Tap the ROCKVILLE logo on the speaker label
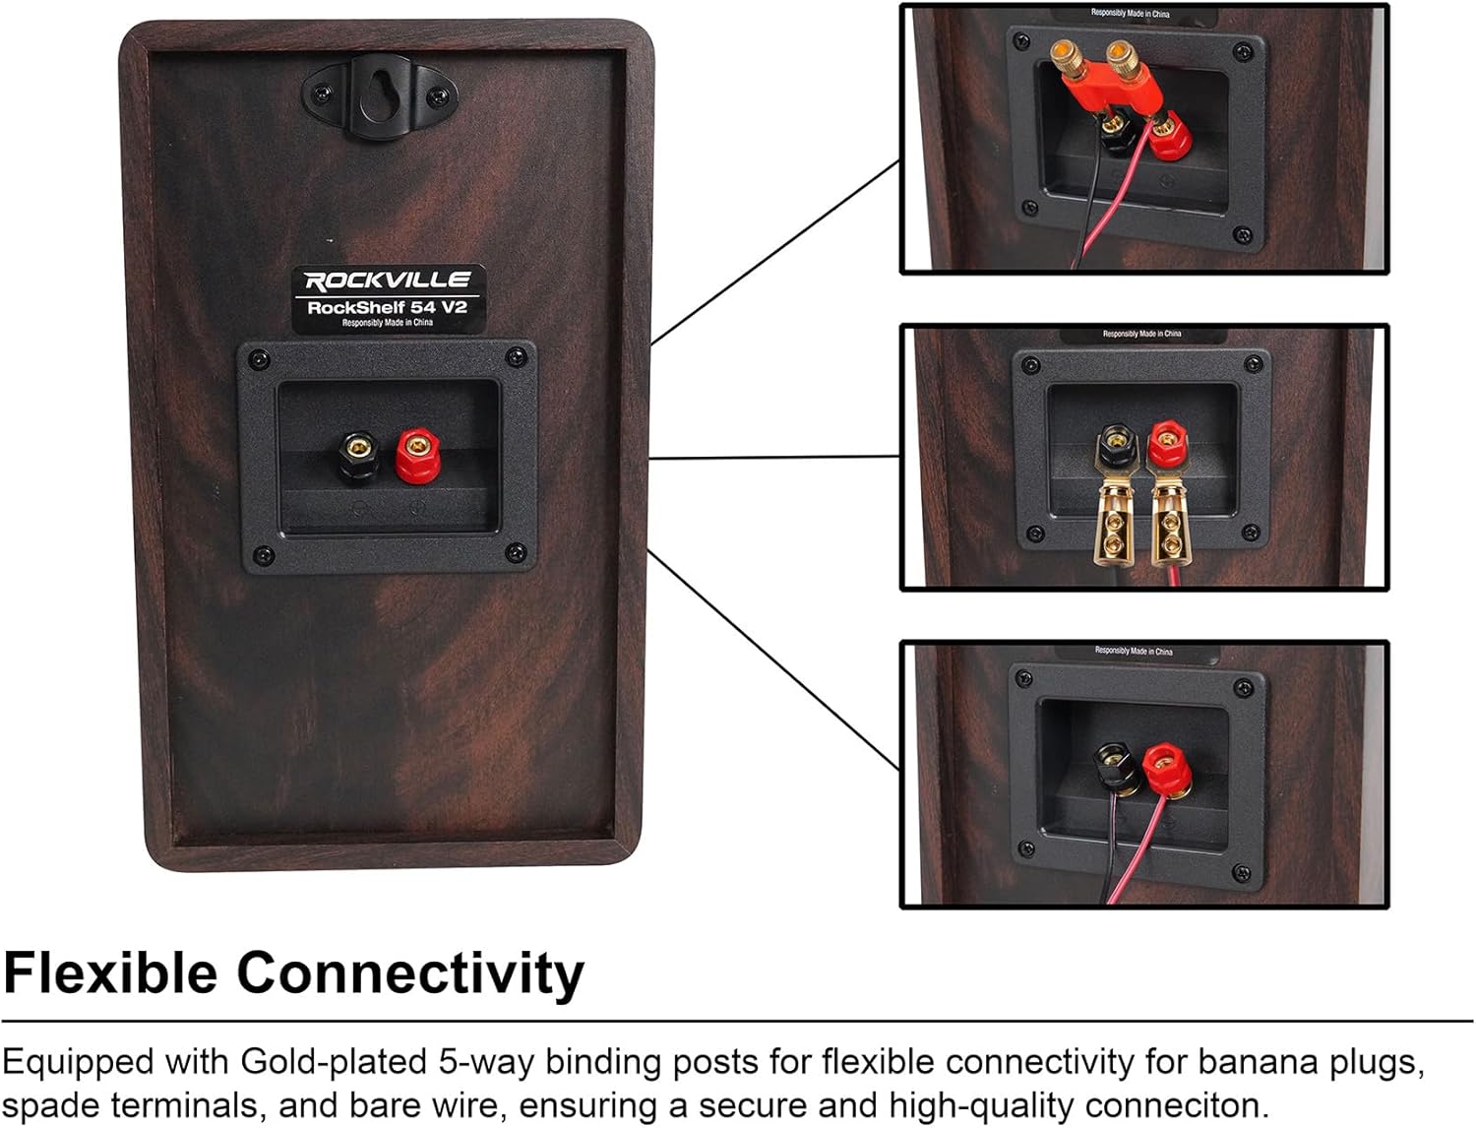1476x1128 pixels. click(388, 281)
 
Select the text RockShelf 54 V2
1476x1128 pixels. click(387, 307)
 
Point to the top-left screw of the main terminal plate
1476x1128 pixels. click(259, 359)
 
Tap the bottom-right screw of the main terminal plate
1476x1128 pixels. click(515, 553)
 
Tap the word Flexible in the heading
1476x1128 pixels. click(110, 973)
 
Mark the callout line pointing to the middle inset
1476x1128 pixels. click(774, 458)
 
